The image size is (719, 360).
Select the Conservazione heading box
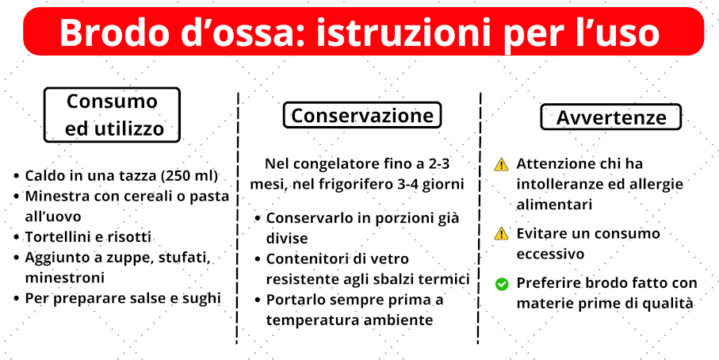pos(361,115)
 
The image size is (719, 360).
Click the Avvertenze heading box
pos(610,117)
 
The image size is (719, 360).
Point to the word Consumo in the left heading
pos(112,101)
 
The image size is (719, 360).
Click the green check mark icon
pos(502,285)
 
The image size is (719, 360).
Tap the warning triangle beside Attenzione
pos(502,164)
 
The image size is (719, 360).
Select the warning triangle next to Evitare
pos(502,234)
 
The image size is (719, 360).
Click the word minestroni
pos(65,278)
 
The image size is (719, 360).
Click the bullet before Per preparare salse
pos(17,299)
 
